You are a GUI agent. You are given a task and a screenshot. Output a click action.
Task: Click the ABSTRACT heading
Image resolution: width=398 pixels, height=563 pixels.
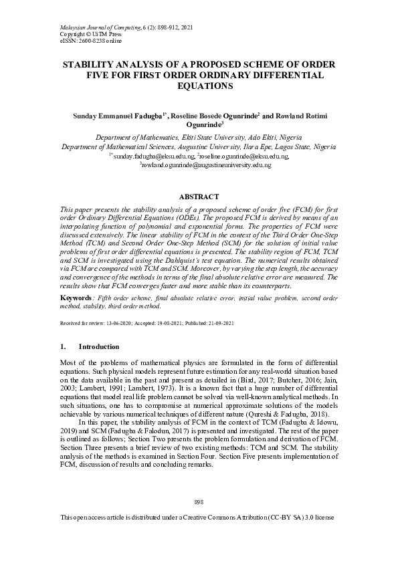click(199, 197)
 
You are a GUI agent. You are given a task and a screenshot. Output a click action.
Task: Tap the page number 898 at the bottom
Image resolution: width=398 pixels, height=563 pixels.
click(199, 501)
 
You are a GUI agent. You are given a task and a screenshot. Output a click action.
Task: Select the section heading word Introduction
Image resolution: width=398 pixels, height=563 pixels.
click(99, 347)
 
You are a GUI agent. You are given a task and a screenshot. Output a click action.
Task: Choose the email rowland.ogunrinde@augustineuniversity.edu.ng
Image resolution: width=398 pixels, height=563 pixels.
click(207, 165)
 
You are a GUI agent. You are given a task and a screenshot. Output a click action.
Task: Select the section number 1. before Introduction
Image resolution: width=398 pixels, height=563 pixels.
click(63, 347)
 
